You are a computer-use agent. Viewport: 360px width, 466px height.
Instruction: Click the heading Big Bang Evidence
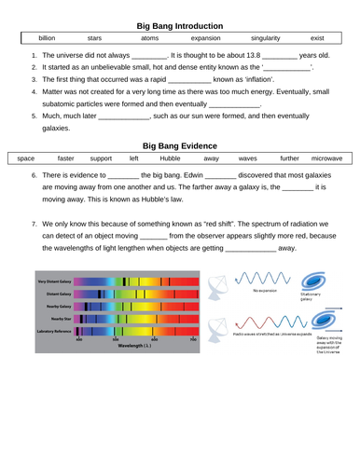[179, 146]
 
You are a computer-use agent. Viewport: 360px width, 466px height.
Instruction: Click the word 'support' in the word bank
[101, 160]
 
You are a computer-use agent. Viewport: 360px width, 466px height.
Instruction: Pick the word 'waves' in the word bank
[248, 160]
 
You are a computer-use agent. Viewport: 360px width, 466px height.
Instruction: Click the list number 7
[35, 225]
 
